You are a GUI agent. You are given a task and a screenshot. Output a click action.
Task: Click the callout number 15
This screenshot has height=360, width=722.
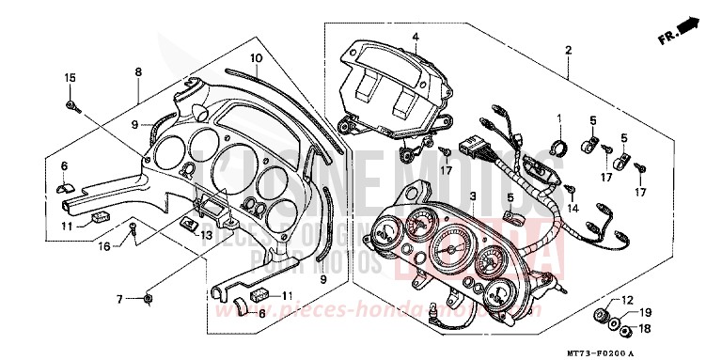(x=69, y=76)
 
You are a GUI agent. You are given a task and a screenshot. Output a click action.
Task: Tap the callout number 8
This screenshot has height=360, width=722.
(x=138, y=71)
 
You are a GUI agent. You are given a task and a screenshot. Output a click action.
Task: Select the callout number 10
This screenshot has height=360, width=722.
(x=255, y=58)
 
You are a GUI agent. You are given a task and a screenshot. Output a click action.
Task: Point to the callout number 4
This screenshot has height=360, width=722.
(x=413, y=37)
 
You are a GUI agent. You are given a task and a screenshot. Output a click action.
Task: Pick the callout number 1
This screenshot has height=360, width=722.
(x=558, y=118)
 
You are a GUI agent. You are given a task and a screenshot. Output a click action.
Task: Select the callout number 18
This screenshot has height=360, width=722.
(x=644, y=329)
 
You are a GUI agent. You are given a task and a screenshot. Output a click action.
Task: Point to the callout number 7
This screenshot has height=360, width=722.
(x=120, y=299)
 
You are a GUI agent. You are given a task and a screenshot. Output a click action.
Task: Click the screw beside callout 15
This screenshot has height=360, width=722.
(x=73, y=105)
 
